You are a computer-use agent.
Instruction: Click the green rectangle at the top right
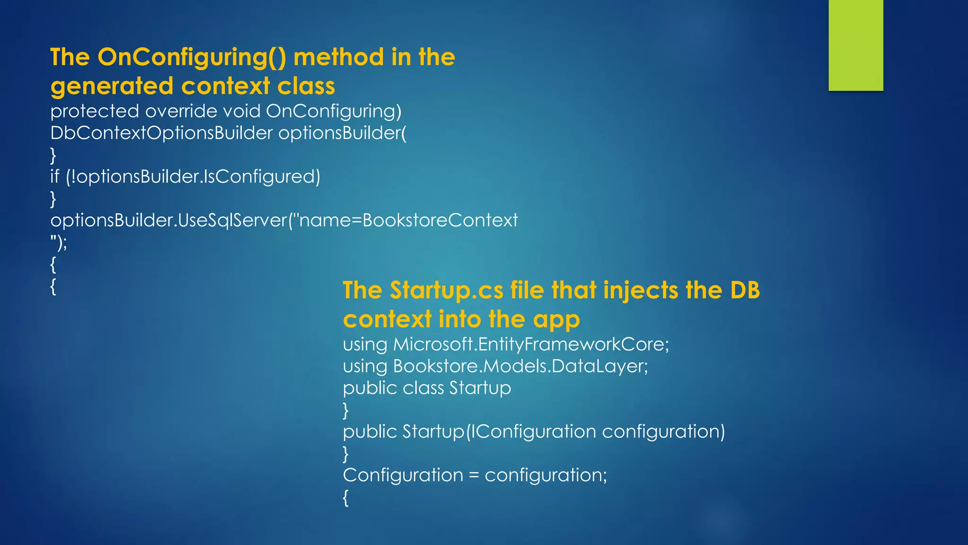[x=856, y=45]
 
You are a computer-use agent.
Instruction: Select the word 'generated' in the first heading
[x=112, y=87]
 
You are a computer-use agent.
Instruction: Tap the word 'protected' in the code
[x=95, y=112]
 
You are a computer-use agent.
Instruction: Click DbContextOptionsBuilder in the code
[x=161, y=133]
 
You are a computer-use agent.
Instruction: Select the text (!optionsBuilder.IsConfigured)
[x=193, y=177]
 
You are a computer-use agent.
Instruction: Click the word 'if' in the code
[x=55, y=177]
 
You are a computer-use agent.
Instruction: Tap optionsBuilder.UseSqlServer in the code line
[x=169, y=220]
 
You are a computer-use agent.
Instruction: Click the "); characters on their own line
[x=59, y=243]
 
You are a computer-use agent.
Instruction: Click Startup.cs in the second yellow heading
[x=446, y=290]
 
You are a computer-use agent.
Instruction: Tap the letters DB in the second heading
[x=744, y=290]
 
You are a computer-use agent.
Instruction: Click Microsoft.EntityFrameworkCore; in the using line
[x=531, y=344]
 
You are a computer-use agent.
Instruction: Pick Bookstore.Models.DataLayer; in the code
[x=520, y=367]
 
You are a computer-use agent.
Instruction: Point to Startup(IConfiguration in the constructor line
[x=499, y=432]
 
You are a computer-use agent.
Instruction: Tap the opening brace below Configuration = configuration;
[x=346, y=498]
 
